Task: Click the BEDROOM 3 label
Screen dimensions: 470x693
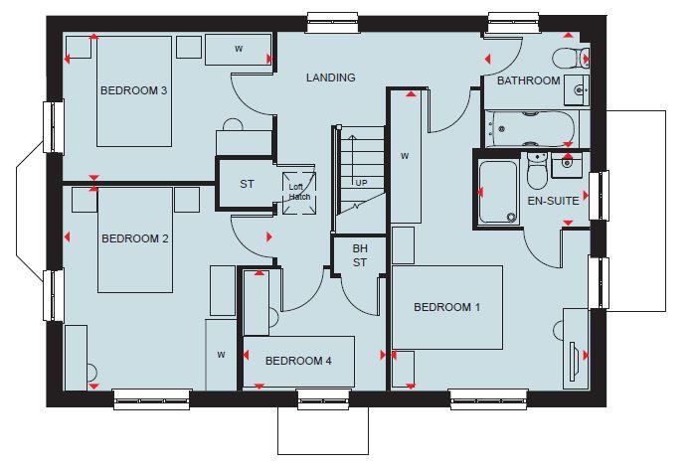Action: click(x=133, y=90)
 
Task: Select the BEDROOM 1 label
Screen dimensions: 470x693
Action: click(x=446, y=307)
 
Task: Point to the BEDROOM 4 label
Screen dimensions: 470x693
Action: click(x=298, y=361)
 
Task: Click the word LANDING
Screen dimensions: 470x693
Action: click(x=330, y=78)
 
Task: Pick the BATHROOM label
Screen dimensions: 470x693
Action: click(x=528, y=81)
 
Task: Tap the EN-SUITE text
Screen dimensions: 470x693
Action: click(x=552, y=201)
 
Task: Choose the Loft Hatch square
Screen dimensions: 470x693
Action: click(x=299, y=190)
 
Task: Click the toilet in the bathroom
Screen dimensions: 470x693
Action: click(x=569, y=58)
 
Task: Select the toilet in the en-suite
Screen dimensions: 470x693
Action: click(x=536, y=172)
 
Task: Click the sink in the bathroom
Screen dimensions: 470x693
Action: click(x=580, y=91)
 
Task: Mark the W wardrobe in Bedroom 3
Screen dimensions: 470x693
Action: click(x=239, y=48)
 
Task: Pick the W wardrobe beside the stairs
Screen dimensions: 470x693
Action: click(x=405, y=156)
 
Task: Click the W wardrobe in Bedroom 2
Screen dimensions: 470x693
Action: click(x=222, y=355)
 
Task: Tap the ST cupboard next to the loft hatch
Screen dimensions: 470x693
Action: click(x=247, y=184)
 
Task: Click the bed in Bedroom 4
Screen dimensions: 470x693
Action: click(x=298, y=362)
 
